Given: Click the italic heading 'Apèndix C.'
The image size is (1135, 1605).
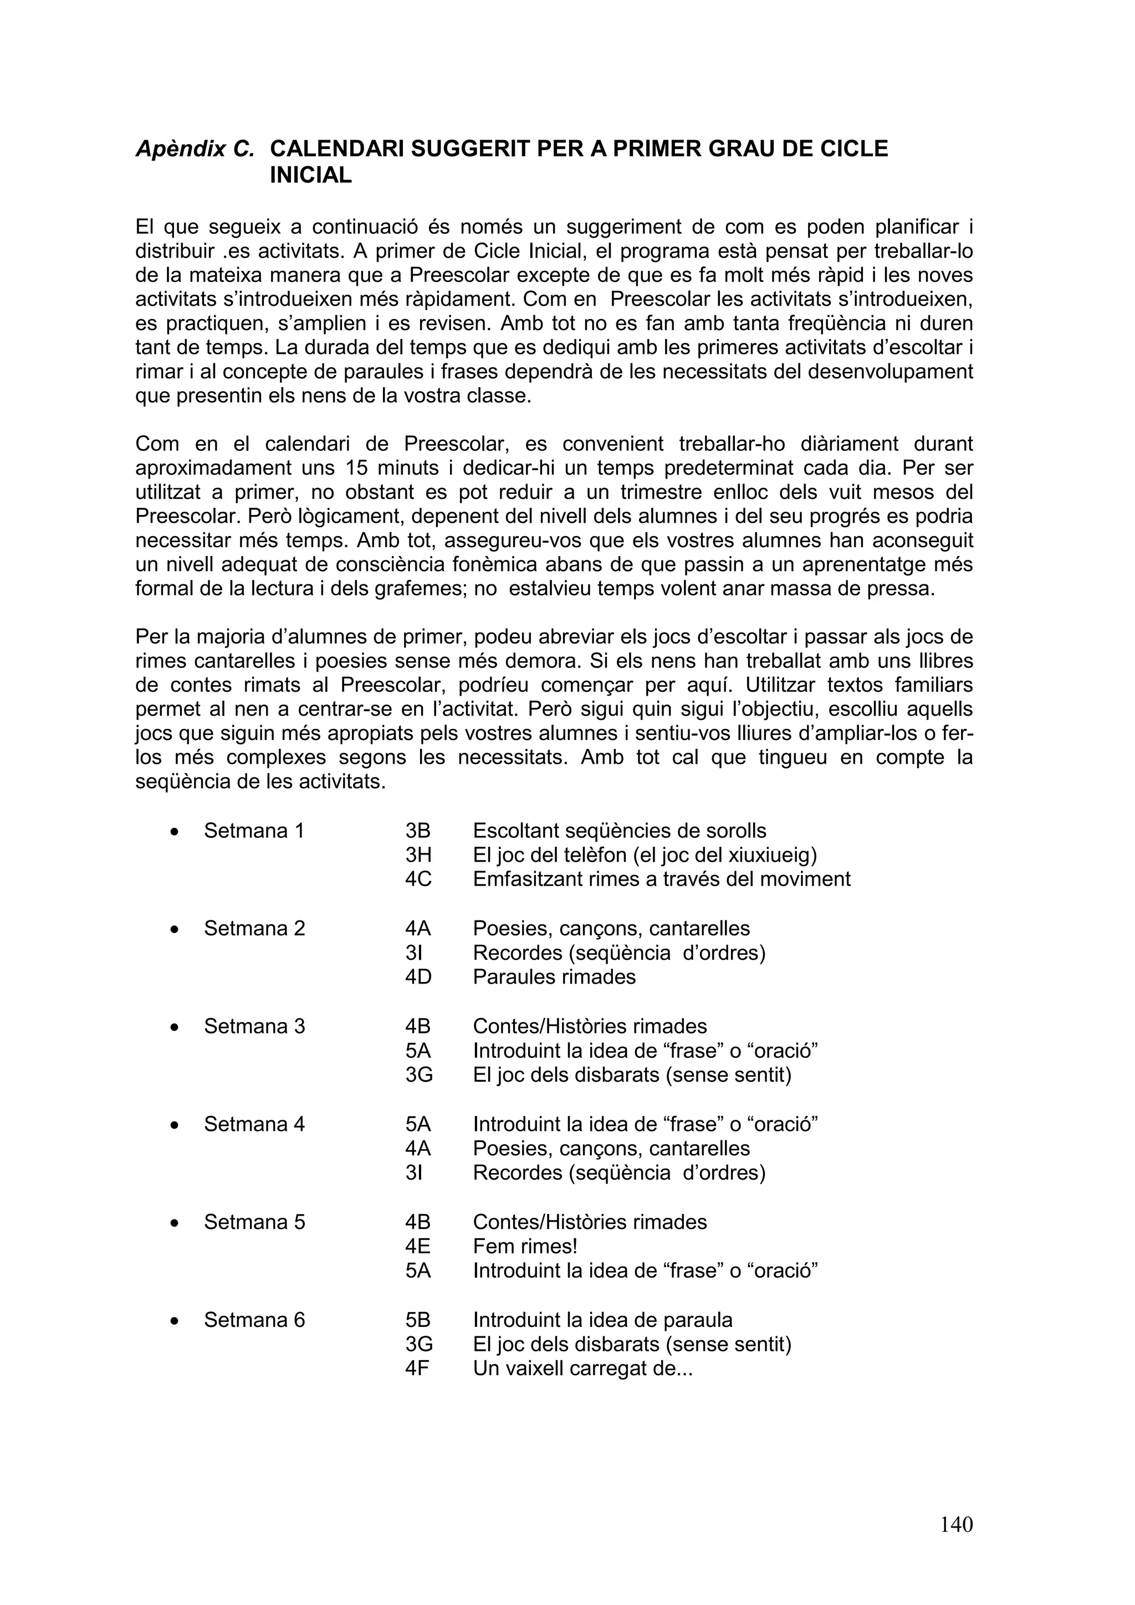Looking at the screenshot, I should click(195, 149).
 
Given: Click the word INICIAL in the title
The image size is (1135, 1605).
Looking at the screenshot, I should click(310, 175).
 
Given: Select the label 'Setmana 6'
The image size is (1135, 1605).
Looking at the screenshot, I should click(254, 1320).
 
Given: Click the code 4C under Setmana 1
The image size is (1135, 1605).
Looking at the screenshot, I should click(418, 879).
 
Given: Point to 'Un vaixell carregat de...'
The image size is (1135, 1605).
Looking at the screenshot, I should click(582, 1368).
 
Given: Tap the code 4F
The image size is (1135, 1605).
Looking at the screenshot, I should click(417, 1368).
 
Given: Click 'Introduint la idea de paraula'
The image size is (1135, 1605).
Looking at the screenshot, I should click(602, 1320).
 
